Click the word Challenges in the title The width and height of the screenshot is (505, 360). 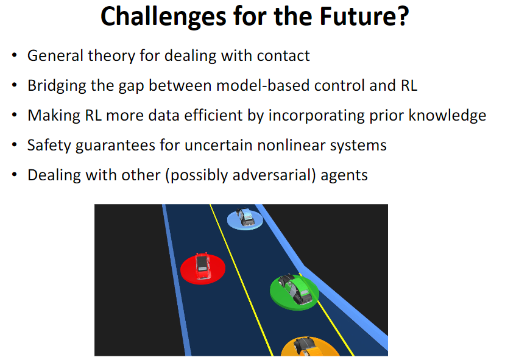pyautogui.click(x=164, y=16)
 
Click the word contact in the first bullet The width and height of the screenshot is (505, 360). pyautogui.click(x=283, y=55)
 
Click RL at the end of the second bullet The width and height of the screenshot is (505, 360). pyautogui.click(x=409, y=86)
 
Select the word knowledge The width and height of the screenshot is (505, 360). pyautogui.click(x=447, y=116)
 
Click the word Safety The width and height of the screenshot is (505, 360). pyautogui.click(x=49, y=146)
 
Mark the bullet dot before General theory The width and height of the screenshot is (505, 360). pyautogui.click(x=14, y=55)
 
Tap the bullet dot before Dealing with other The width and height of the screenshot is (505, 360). pyautogui.click(x=14, y=175)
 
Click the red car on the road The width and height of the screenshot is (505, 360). pyautogui.click(x=202, y=266)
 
